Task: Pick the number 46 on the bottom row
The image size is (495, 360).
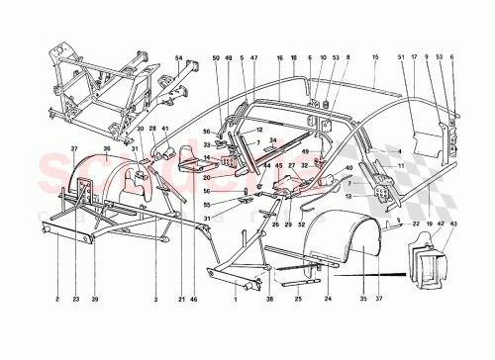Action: [x=195, y=300]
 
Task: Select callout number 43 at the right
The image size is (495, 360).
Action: [x=454, y=225]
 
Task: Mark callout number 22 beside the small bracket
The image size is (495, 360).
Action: [x=418, y=225]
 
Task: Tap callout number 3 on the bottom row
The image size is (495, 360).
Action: [x=156, y=300]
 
